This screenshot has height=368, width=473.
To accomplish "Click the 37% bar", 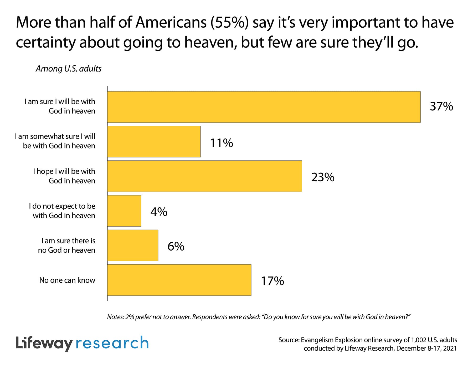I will click(x=264, y=107).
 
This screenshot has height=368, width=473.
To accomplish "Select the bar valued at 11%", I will click(x=154, y=142).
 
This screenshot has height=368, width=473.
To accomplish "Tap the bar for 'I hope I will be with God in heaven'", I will click(x=204, y=176).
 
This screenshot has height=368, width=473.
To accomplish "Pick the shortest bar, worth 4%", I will click(x=124, y=211).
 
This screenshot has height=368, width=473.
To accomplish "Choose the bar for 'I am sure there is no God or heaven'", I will click(x=133, y=246).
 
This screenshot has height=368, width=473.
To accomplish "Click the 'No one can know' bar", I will click(x=179, y=280).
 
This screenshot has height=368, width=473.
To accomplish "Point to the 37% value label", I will click(x=441, y=106).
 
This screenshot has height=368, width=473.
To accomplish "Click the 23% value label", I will click(x=323, y=177).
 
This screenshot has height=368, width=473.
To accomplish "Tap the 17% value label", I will click(x=272, y=281).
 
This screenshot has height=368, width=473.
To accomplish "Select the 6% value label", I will click(x=176, y=247).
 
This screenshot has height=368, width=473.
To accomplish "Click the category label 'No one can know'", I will click(x=67, y=280).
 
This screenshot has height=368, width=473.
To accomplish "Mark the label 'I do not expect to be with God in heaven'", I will click(x=62, y=211).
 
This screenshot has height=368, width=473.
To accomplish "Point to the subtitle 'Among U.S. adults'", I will click(x=69, y=69).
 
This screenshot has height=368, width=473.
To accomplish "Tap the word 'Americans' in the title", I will click(x=171, y=23).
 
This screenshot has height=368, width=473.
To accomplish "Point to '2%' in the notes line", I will click(x=130, y=317).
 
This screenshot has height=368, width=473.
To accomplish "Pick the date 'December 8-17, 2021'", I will click(x=426, y=349).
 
